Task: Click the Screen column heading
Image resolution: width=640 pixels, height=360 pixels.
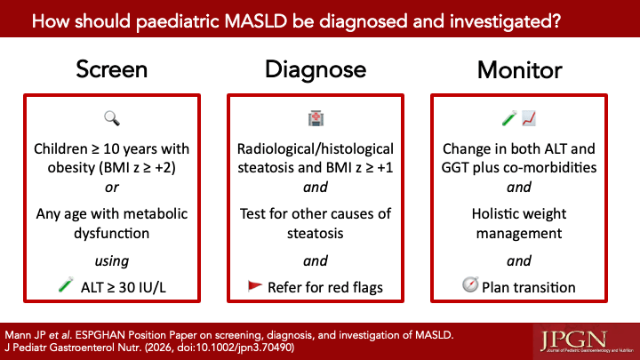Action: (111, 69)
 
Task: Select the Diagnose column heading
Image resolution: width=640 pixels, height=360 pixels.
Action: (316, 70)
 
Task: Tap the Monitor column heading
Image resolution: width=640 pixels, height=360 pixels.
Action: (520, 70)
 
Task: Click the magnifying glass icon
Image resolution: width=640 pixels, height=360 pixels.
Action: (112, 118)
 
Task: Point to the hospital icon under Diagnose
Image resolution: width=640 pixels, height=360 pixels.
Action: (316, 118)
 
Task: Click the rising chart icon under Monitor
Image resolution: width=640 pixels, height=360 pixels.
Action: (529, 118)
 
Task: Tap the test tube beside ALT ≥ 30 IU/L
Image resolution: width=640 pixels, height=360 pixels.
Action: (66, 284)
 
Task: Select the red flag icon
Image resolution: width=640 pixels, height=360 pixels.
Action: (255, 285)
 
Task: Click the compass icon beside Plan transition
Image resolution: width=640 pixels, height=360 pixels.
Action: (470, 284)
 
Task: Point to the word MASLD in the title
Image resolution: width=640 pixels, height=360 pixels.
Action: (256, 20)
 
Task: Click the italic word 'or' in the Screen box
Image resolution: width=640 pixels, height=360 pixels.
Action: (111, 188)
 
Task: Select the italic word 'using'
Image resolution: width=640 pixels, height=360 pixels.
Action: (111, 260)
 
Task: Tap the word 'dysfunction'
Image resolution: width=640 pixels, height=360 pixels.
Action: (111, 233)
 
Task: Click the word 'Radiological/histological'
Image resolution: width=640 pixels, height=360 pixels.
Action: (316, 149)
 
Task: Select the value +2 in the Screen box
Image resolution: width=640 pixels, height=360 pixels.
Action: (163, 168)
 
